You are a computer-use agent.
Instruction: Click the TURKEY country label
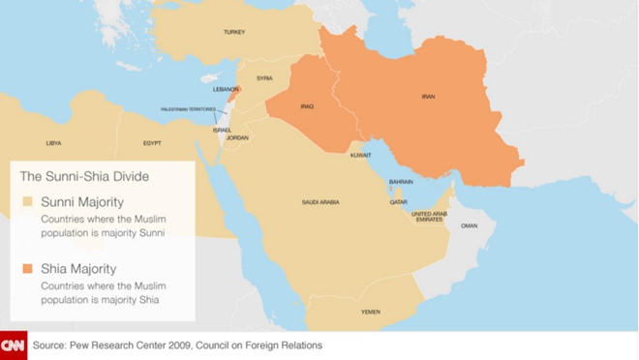(234, 32)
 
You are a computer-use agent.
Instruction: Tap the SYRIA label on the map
(264, 77)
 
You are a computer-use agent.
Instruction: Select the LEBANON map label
(225, 89)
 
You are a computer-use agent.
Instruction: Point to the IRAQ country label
(307, 106)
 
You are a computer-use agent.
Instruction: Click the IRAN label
(428, 97)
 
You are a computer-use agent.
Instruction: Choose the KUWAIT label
(361, 155)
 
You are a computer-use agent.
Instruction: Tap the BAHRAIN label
(401, 181)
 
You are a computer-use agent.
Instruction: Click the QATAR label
(399, 202)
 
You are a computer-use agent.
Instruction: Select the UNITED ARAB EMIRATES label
(429, 217)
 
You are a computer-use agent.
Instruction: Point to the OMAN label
(469, 225)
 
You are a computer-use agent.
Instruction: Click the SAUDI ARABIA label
(320, 202)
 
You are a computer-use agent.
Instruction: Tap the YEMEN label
(371, 312)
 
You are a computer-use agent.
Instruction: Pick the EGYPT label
(152, 142)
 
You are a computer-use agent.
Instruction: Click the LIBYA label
(54, 142)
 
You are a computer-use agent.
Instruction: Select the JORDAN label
(237, 137)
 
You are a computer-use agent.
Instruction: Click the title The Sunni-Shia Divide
(85, 176)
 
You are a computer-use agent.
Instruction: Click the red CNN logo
(14, 345)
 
